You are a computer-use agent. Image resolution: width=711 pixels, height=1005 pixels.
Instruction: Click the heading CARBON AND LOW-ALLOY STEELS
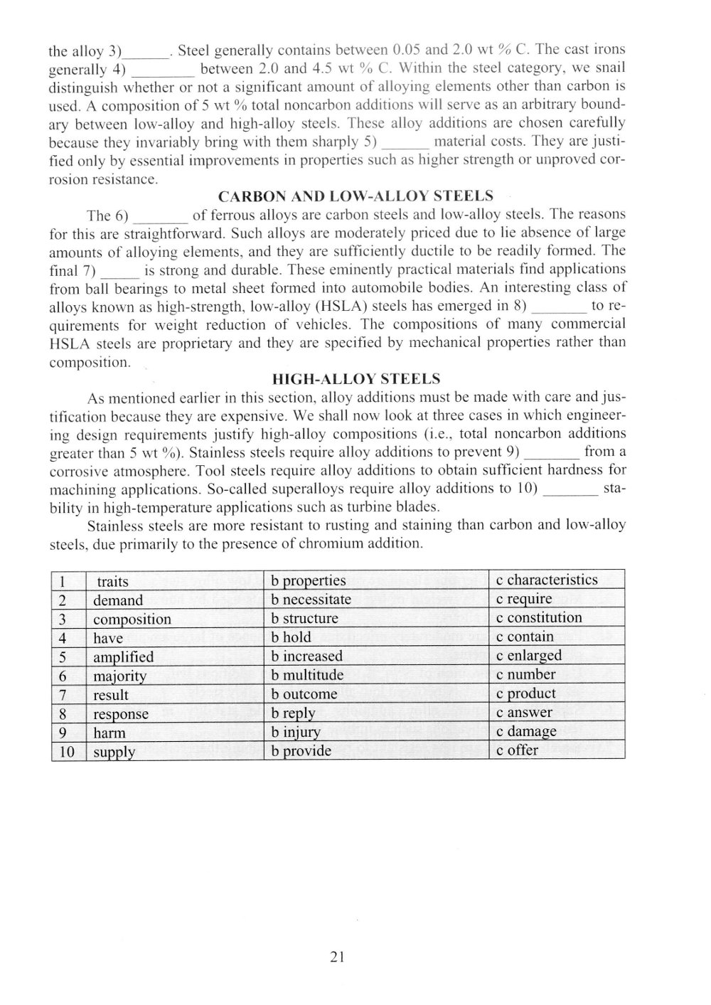click(355, 196)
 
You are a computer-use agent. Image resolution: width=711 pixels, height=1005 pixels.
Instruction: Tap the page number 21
click(337, 957)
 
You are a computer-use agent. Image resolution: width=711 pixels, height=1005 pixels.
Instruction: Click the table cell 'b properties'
click(309, 581)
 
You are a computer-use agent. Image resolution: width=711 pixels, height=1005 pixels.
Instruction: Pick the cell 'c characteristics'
click(547, 580)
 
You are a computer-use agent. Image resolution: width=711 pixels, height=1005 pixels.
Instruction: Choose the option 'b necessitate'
click(311, 600)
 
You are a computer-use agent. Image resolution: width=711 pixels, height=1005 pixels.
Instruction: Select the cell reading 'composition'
click(132, 619)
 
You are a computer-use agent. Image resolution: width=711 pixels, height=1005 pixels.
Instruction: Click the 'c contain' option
click(525, 637)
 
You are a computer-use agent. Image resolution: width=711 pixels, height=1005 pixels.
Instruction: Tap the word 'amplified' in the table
click(124, 656)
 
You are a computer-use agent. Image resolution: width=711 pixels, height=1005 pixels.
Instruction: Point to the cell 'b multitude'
click(308, 675)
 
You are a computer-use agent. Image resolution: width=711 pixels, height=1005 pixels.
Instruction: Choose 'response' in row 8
click(121, 713)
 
